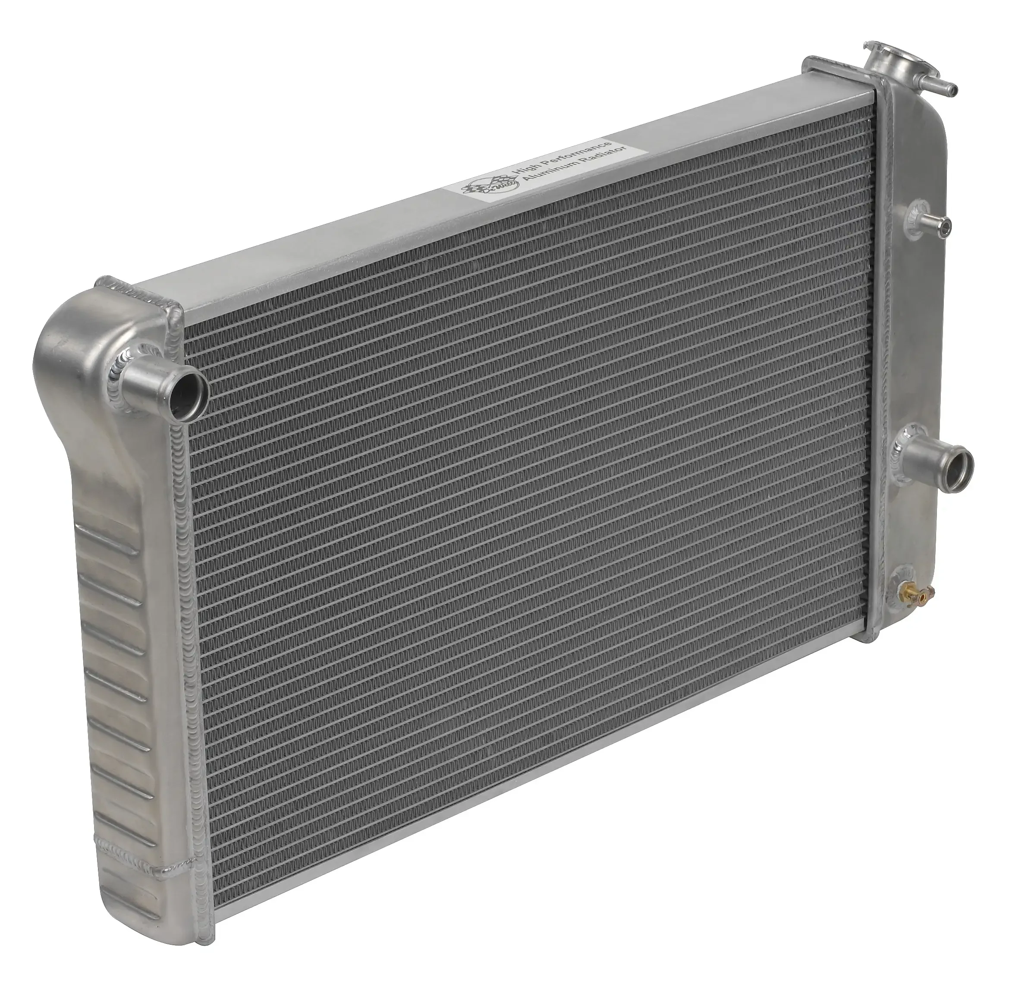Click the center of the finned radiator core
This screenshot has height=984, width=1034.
[x=525, y=472]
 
